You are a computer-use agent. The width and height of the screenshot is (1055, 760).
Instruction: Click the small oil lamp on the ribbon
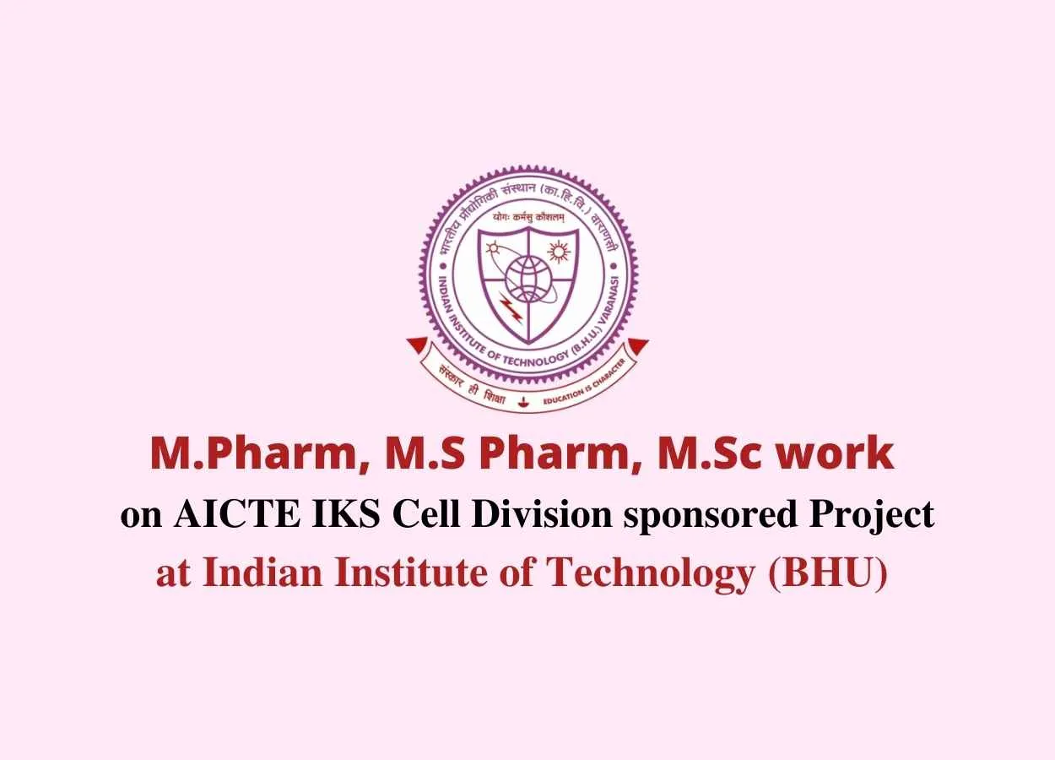click(x=522, y=403)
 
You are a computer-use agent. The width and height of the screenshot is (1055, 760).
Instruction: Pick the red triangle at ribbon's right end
click(x=637, y=345)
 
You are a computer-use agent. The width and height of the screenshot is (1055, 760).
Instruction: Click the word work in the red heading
click(x=835, y=453)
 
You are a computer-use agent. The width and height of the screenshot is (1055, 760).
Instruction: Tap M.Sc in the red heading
click(x=708, y=453)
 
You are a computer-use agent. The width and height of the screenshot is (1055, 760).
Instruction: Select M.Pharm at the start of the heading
click(x=253, y=453)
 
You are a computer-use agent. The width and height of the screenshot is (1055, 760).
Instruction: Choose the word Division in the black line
click(x=541, y=514)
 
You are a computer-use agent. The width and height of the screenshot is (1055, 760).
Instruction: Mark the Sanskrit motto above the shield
click(x=528, y=217)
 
